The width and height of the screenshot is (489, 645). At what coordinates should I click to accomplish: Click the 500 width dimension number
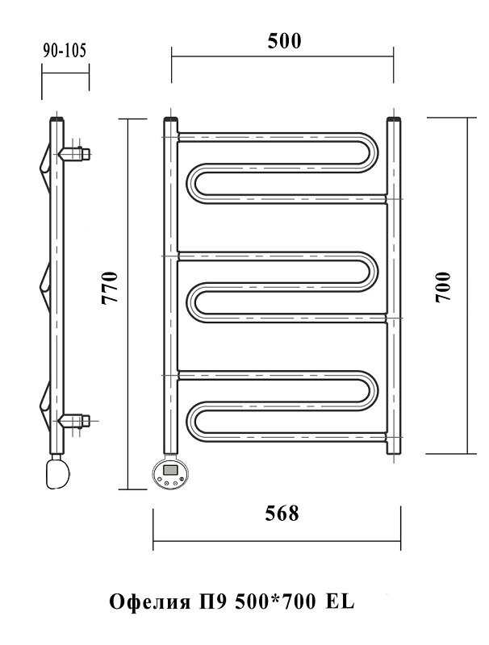(x=284, y=41)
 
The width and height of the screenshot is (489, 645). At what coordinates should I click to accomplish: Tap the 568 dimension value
(x=282, y=514)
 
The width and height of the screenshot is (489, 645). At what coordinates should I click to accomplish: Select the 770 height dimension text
(x=110, y=287)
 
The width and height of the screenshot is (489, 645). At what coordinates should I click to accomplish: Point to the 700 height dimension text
(x=443, y=287)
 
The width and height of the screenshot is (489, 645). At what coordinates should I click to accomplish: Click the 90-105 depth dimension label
(x=65, y=51)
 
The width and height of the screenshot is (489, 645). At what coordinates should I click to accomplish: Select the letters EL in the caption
(x=340, y=602)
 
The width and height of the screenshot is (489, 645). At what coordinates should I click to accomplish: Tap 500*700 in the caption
(x=275, y=602)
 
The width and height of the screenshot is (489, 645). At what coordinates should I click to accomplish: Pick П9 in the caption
(x=213, y=602)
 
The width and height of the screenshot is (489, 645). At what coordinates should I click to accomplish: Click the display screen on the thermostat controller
(x=171, y=468)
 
